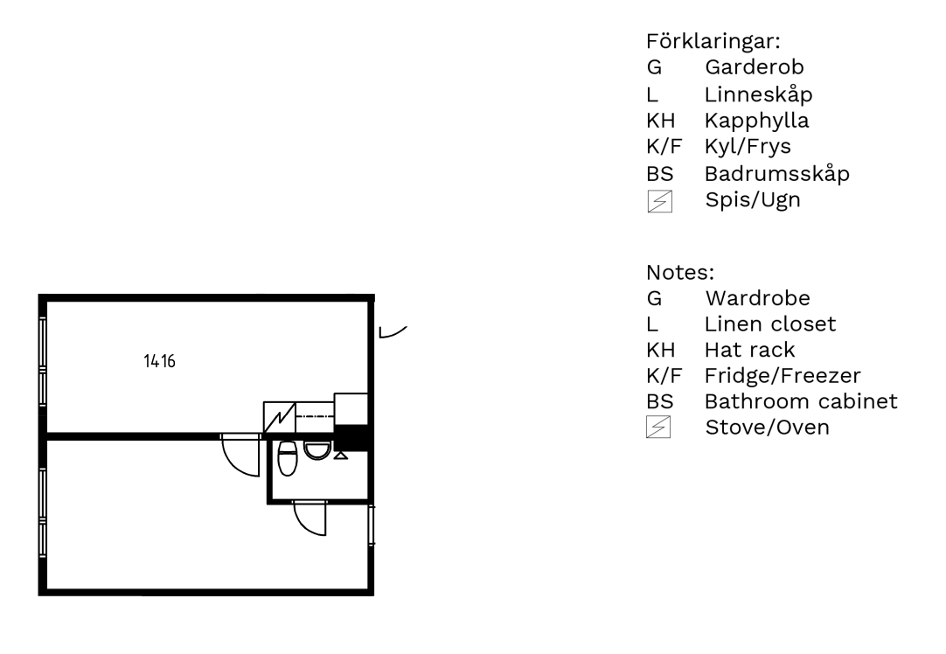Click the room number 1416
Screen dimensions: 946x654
[159, 361]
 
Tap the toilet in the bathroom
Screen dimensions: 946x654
[287, 458]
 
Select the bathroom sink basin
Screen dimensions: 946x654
[317, 450]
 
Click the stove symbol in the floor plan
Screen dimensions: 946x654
[279, 417]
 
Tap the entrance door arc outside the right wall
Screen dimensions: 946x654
[393, 332]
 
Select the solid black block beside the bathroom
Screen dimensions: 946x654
[351, 437]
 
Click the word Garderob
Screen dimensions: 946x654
[755, 67]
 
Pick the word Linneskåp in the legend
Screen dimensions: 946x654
[758, 94]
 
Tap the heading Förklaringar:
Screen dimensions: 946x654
[713, 41]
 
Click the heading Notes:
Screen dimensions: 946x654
[680, 272]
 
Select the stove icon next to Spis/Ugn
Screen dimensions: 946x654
[659, 201]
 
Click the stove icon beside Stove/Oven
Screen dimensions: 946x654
[658, 428]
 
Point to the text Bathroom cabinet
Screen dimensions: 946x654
[801, 401]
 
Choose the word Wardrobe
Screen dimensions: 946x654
[758, 298]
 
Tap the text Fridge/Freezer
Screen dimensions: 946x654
[783, 375]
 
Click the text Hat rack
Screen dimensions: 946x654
[750, 350]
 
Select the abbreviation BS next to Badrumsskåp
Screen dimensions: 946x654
[659, 174]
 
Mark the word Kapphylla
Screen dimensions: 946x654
[756, 121]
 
